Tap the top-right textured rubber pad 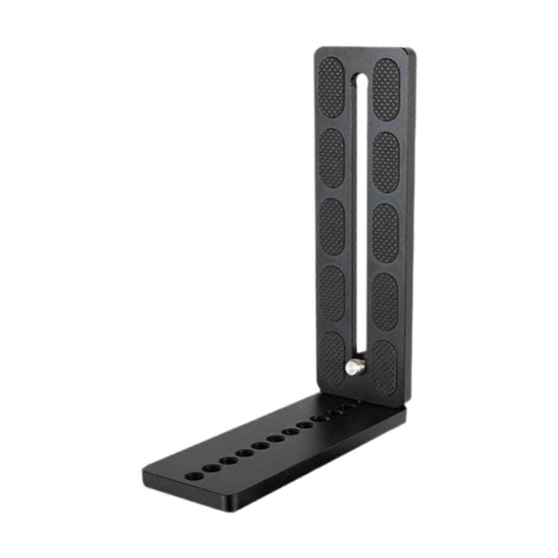click(386, 89)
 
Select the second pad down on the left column click(332, 158)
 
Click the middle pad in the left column click(332, 227)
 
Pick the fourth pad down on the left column click(332, 293)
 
